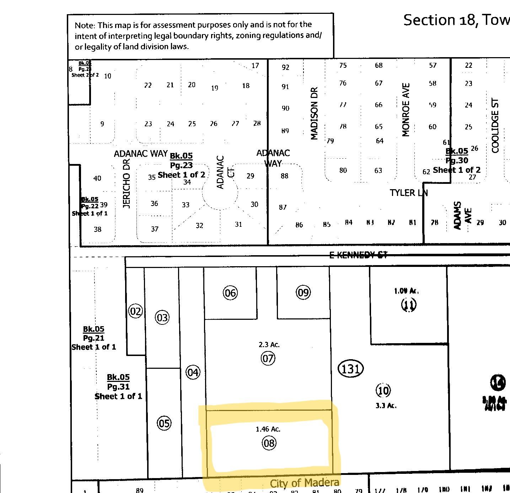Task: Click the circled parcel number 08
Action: point(269,443)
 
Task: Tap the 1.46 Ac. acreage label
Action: point(268,429)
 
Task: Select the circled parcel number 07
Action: point(268,358)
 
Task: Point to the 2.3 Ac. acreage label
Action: point(269,345)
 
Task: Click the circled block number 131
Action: point(350,369)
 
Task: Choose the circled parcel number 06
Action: point(230,293)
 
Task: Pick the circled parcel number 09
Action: point(303,292)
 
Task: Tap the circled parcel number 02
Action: point(135,311)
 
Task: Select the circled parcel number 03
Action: point(162,317)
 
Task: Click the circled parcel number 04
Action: point(193,372)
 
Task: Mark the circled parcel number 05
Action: point(164,423)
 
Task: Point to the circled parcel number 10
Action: point(383,390)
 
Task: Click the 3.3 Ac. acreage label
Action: point(386,405)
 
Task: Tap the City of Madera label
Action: point(305,483)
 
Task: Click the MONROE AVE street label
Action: point(406,110)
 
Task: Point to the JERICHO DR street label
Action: point(127,183)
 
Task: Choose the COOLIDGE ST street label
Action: point(495,126)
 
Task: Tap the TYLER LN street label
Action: point(408,193)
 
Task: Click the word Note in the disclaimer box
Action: point(85,26)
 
